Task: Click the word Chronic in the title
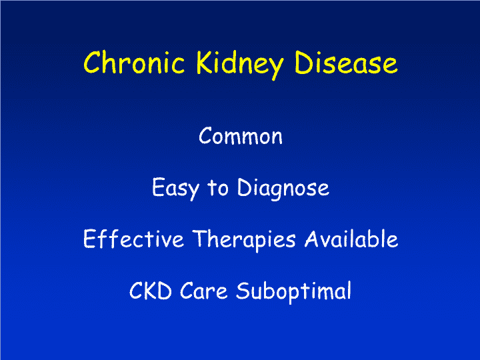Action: click(x=134, y=63)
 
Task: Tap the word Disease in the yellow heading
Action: click(x=346, y=63)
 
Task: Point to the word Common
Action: click(x=240, y=135)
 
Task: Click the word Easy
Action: click(x=176, y=189)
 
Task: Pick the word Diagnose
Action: click(x=283, y=189)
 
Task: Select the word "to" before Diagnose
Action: click(x=218, y=187)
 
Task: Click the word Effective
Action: click(x=133, y=239)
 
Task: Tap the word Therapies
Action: click(x=244, y=241)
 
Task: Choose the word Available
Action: click(x=351, y=239)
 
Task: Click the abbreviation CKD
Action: click(x=150, y=290)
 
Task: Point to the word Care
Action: click(x=203, y=290)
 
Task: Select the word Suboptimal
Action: click(x=293, y=292)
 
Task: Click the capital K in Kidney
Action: click(x=204, y=63)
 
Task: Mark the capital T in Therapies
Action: click(x=201, y=239)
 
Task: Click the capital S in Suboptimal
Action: click(x=243, y=290)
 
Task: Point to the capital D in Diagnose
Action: click(x=245, y=187)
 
